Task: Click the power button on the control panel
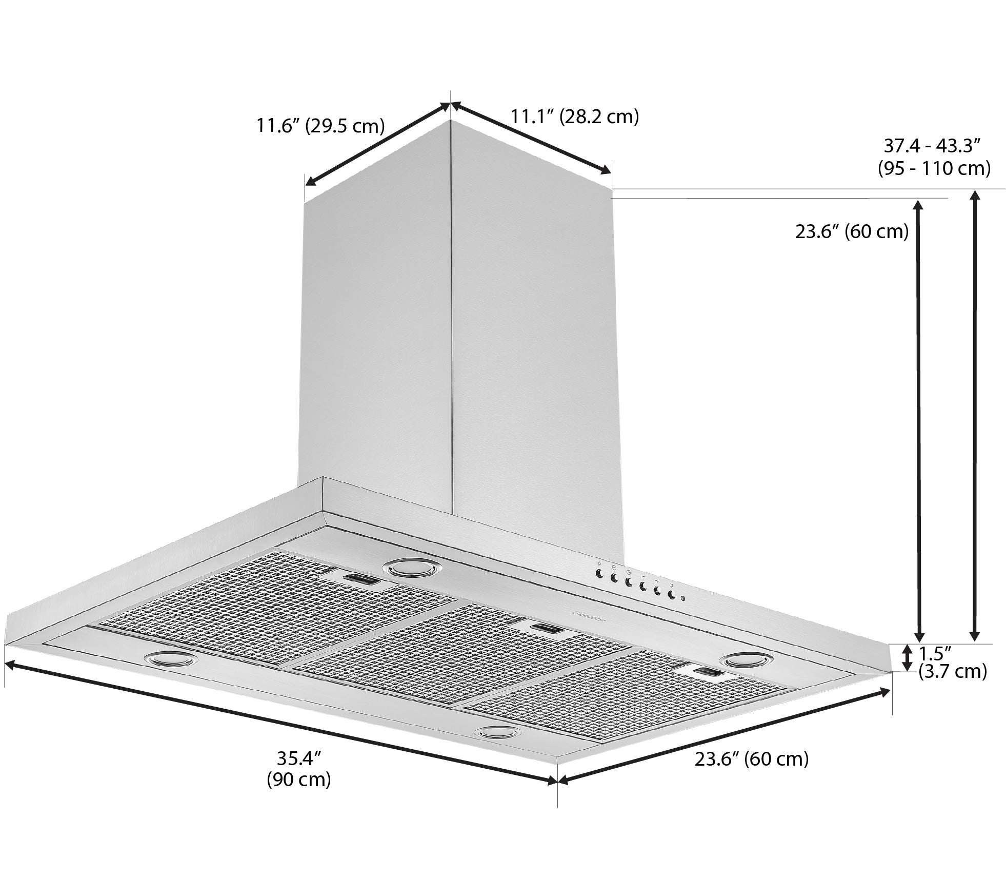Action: [671, 595]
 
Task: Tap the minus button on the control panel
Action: [642, 587]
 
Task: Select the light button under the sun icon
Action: [599, 574]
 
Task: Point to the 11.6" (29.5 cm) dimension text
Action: [320, 125]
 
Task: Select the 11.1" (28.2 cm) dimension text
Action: [574, 116]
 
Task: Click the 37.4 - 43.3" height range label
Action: [934, 157]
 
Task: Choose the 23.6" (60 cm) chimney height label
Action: [852, 231]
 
